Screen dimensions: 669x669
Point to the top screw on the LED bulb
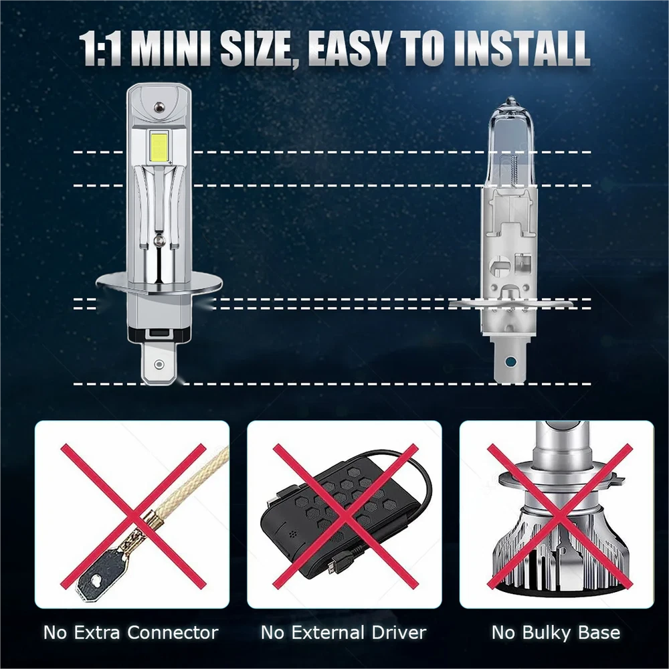(x=159, y=106)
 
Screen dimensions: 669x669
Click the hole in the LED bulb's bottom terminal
(x=159, y=364)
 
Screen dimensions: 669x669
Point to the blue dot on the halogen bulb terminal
(x=509, y=361)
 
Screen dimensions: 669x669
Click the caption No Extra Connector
(x=130, y=632)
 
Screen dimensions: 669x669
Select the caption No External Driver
(x=343, y=632)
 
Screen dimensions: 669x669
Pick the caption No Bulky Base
(x=556, y=632)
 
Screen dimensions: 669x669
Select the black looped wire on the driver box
(x=409, y=482)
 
